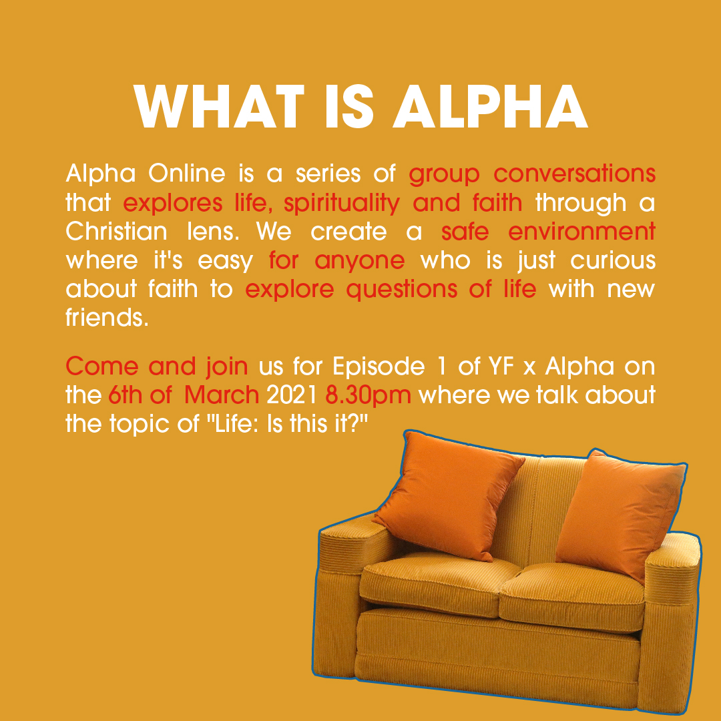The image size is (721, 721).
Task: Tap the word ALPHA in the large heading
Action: click(x=490, y=107)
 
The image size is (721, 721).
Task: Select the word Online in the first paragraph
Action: click(x=187, y=174)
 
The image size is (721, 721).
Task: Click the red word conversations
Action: click(x=574, y=174)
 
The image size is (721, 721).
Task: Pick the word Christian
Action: click(x=116, y=231)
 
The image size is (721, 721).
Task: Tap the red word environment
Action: click(x=581, y=231)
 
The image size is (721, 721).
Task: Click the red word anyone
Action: click(x=360, y=261)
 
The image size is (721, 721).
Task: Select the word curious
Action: click(x=613, y=260)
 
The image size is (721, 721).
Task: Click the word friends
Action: click(x=107, y=317)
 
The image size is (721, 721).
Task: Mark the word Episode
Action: click(x=379, y=367)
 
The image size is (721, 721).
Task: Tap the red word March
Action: click(x=222, y=395)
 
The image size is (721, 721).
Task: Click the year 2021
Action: click(x=292, y=395)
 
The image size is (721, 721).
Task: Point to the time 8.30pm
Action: click(x=368, y=396)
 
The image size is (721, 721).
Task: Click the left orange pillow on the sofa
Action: click(x=448, y=495)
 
